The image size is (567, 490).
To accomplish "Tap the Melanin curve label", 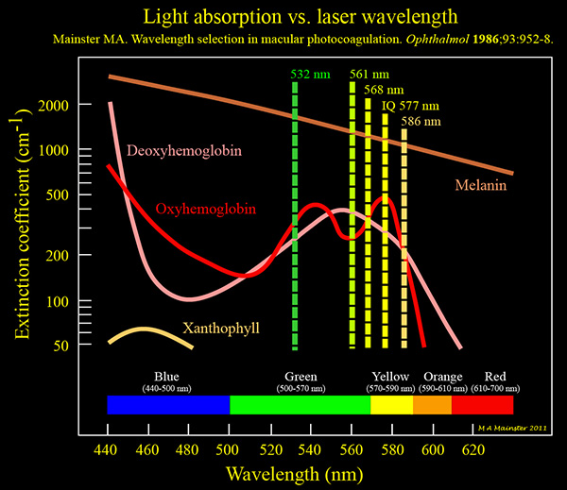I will (481, 185).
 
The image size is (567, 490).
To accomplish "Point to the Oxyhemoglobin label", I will (207, 208).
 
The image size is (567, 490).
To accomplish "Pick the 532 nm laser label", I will (311, 73).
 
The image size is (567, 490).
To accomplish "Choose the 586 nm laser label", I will (420, 121).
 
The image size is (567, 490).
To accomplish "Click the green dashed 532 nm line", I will (295, 217).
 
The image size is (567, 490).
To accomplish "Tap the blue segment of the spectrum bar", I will (168, 405).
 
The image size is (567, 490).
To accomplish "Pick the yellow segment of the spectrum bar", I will (391, 405).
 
